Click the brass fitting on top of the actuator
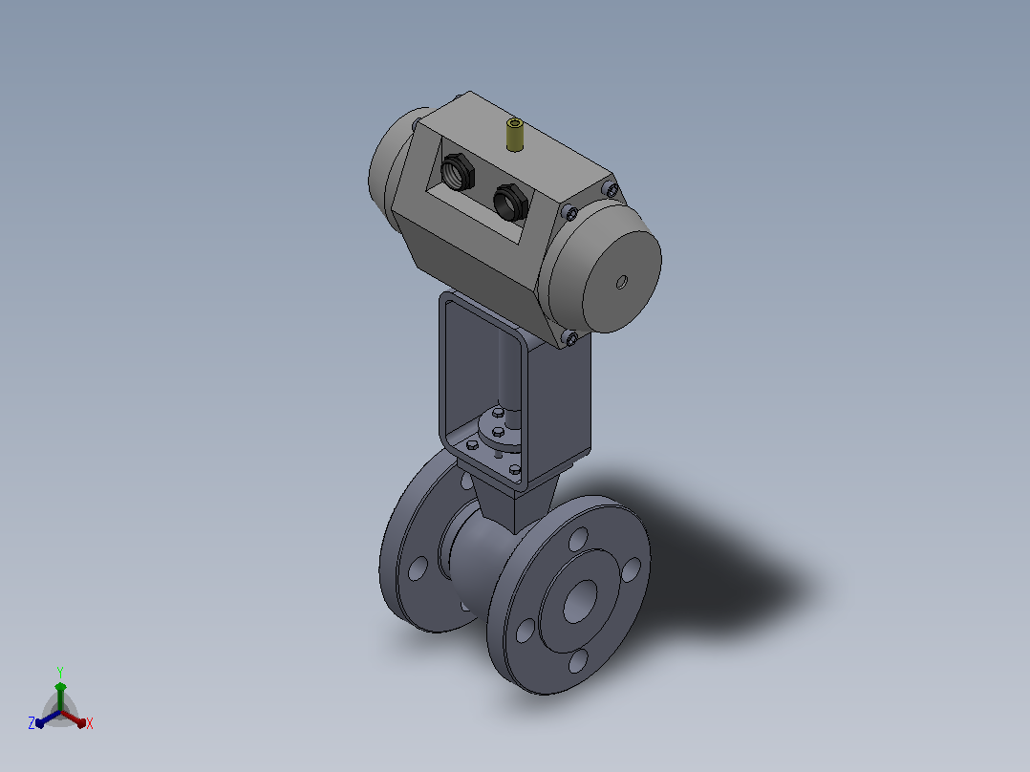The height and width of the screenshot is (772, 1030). pos(514,135)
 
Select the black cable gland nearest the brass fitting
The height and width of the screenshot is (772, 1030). pos(510,201)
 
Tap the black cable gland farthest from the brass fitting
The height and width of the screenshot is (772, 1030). pos(458,171)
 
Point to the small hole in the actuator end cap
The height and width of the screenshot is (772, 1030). pos(621,283)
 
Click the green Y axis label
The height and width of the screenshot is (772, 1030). pos(60,672)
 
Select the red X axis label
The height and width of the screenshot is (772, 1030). pos(90,723)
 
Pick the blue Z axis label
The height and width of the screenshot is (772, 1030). pos(31,723)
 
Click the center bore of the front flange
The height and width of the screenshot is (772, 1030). pos(579,601)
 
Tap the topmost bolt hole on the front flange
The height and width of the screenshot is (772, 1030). pos(579,540)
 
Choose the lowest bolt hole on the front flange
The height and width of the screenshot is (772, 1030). pos(578,661)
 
